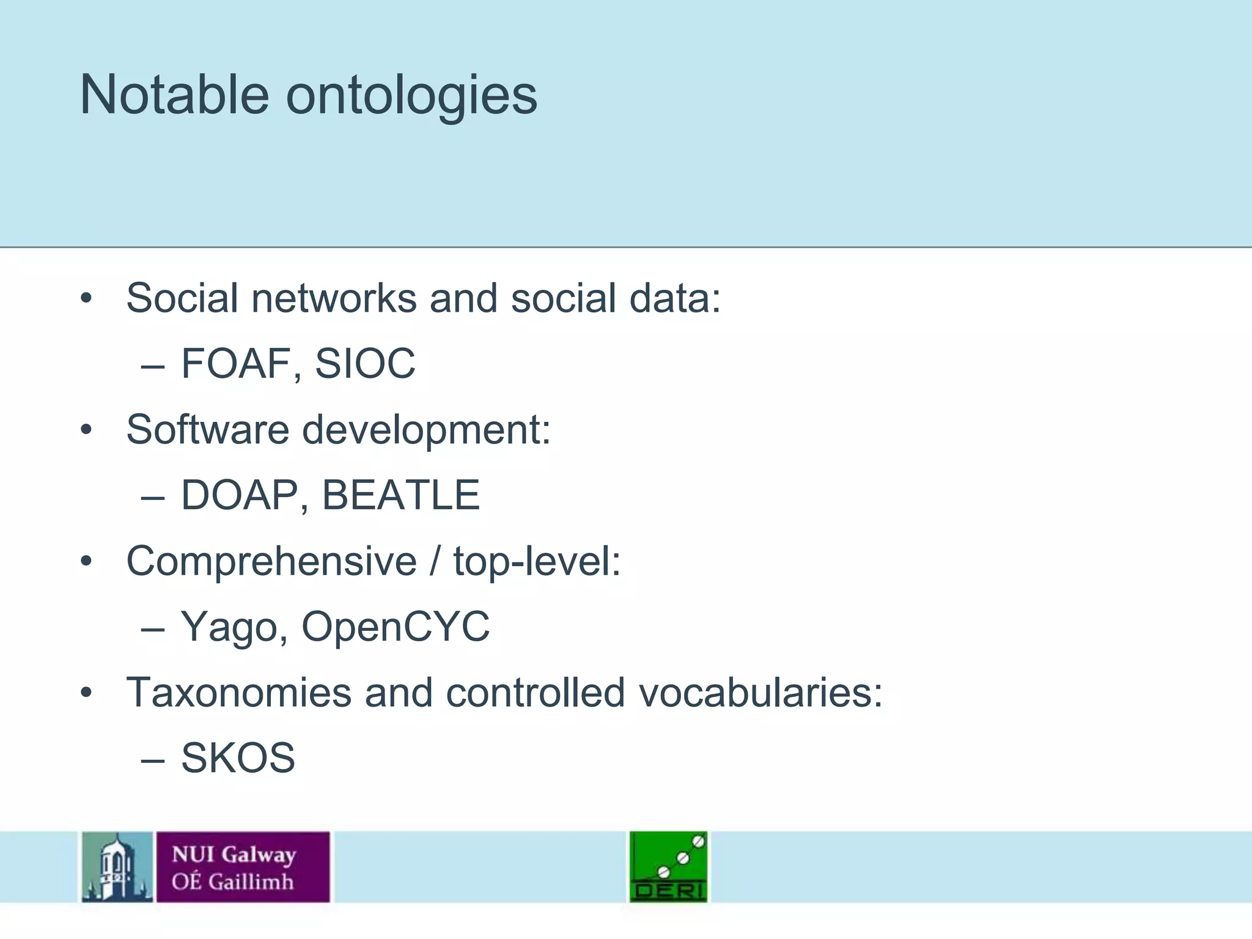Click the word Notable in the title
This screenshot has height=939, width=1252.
point(174,95)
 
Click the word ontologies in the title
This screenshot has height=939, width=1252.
point(411,97)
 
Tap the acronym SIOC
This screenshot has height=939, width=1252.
point(365,363)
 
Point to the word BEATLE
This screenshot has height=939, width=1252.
point(400,495)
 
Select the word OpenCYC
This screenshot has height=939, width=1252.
point(396,626)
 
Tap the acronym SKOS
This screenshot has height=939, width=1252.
point(238,758)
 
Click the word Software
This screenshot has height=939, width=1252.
point(207,429)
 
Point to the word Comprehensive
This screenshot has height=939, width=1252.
point(271,561)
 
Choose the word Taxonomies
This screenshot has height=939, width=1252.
point(238,693)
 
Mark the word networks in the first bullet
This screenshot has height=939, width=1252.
point(333,298)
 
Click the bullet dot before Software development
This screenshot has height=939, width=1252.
point(86,430)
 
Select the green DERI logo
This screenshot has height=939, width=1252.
point(668,866)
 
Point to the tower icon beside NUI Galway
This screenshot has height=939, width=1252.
point(117,866)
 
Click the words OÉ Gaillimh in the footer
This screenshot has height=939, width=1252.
point(232,881)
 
